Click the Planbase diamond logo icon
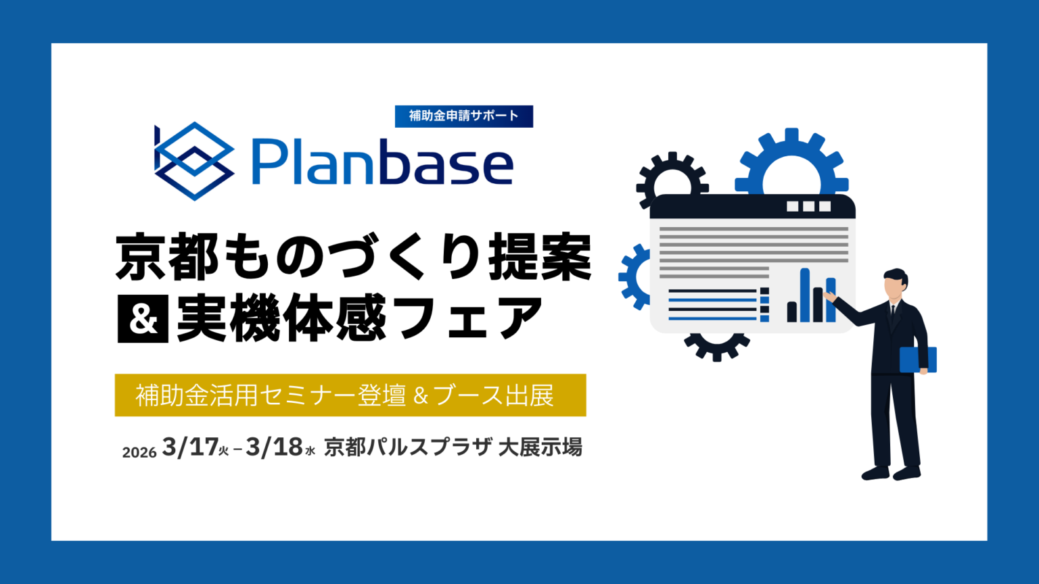pos(194,161)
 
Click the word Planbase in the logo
pos(382,162)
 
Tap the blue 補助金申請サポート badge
pos(464,116)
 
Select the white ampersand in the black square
pos(143,319)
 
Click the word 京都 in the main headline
pos(167,257)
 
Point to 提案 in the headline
pos(540,257)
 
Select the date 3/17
pos(190,447)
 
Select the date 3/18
pos(274,447)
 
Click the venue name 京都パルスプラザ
pos(407,447)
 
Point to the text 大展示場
pos(540,447)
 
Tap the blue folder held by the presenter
pos(917,360)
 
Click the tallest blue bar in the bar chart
pos(805,295)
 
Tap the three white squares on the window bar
pos(808,207)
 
